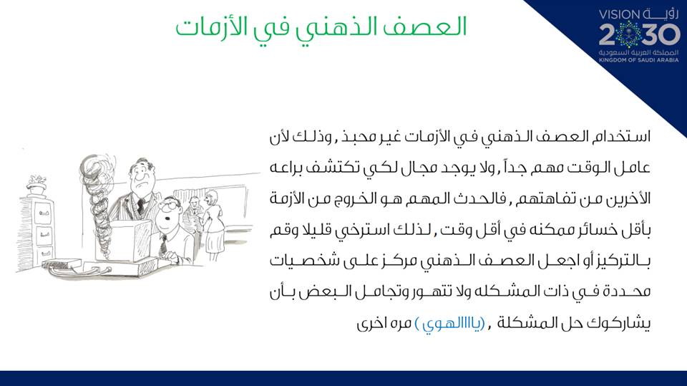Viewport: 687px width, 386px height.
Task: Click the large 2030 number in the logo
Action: pyautogui.click(x=639, y=34)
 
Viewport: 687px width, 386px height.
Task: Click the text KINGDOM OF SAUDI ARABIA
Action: pyautogui.click(x=639, y=59)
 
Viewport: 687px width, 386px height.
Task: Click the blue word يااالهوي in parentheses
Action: pyautogui.click(x=450, y=324)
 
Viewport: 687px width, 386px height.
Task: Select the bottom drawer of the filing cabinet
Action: pyautogui.click(x=45, y=254)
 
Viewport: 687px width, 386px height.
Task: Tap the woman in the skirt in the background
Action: pyautogui.click(x=213, y=226)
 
